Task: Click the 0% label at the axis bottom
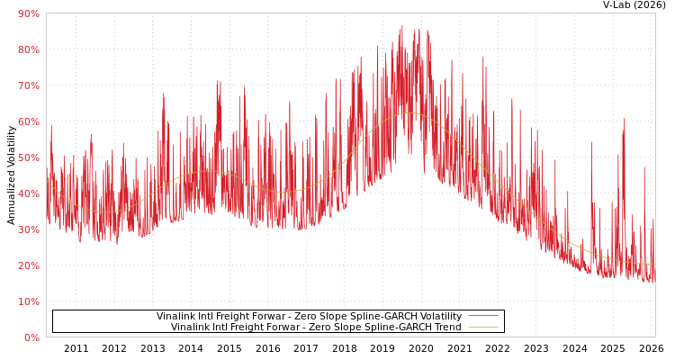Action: point(31,337)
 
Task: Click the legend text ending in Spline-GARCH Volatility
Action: point(309,317)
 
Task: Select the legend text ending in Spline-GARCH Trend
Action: point(316,328)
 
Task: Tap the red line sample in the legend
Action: point(482,317)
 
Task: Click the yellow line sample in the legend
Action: point(482,328)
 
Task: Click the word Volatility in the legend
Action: point(439,317)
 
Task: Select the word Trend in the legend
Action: point(446,328)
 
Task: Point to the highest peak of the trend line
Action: point(408,112)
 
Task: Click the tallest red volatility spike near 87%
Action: point(401,26)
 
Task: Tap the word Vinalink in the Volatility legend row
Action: point(176,317)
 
